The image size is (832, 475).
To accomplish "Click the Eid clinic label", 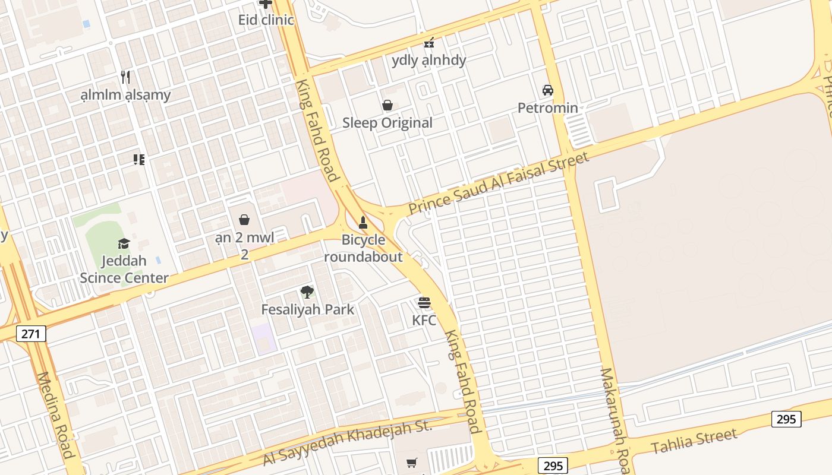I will [x=266, y=20].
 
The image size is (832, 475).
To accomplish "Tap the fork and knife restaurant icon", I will [x=125, y=77].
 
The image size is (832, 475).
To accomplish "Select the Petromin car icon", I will [x=548, y=90].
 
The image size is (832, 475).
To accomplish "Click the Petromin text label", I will [x=548, y=107].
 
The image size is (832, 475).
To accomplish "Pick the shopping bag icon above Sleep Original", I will [x=387, y=105].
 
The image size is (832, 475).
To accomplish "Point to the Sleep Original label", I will [x=387, y=123].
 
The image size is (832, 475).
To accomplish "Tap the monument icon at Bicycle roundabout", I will [x=363, y=223].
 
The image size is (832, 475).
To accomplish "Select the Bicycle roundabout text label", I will [x=371, y=248].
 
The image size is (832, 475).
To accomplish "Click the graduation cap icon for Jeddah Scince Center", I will [x=124, y=243].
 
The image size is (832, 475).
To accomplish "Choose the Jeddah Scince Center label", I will [x=124, y=269].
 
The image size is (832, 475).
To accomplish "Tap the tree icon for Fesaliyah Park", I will [x=307, y=292].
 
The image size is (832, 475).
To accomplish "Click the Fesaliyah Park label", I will [x=307, y=309].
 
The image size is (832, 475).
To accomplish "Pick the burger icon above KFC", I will [x=424, y=302].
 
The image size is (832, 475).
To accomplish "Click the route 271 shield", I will [x=30, y=334].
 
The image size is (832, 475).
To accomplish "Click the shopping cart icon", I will [x=412, y=463].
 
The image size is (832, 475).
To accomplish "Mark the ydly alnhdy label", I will [x=429, y=60].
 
